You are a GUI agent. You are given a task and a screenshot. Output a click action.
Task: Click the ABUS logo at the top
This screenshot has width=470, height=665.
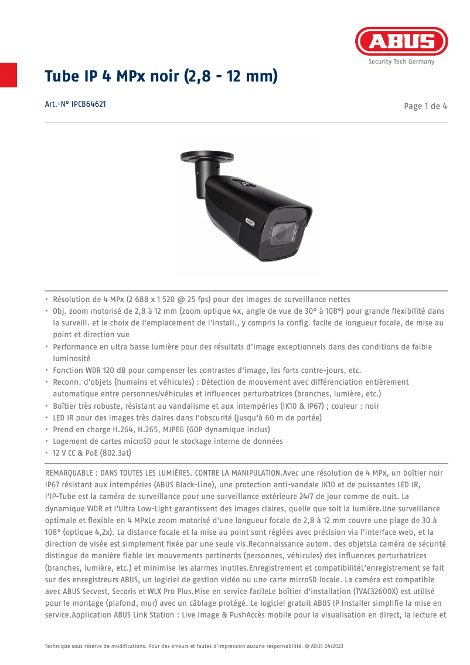(x=401, y=42)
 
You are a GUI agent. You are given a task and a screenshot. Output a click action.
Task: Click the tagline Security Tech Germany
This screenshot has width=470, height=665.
(x=401, y=62)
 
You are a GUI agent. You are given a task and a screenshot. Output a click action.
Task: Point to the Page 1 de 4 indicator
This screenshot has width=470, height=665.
(x=425, y=106)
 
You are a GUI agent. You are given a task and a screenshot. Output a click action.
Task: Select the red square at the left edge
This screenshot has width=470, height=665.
(x=8, y=74)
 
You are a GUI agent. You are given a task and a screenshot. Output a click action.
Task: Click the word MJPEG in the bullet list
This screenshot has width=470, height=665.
(x=165, y=429)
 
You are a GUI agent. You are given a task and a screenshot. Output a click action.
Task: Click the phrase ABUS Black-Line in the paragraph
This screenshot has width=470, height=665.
(x=187, y=484)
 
